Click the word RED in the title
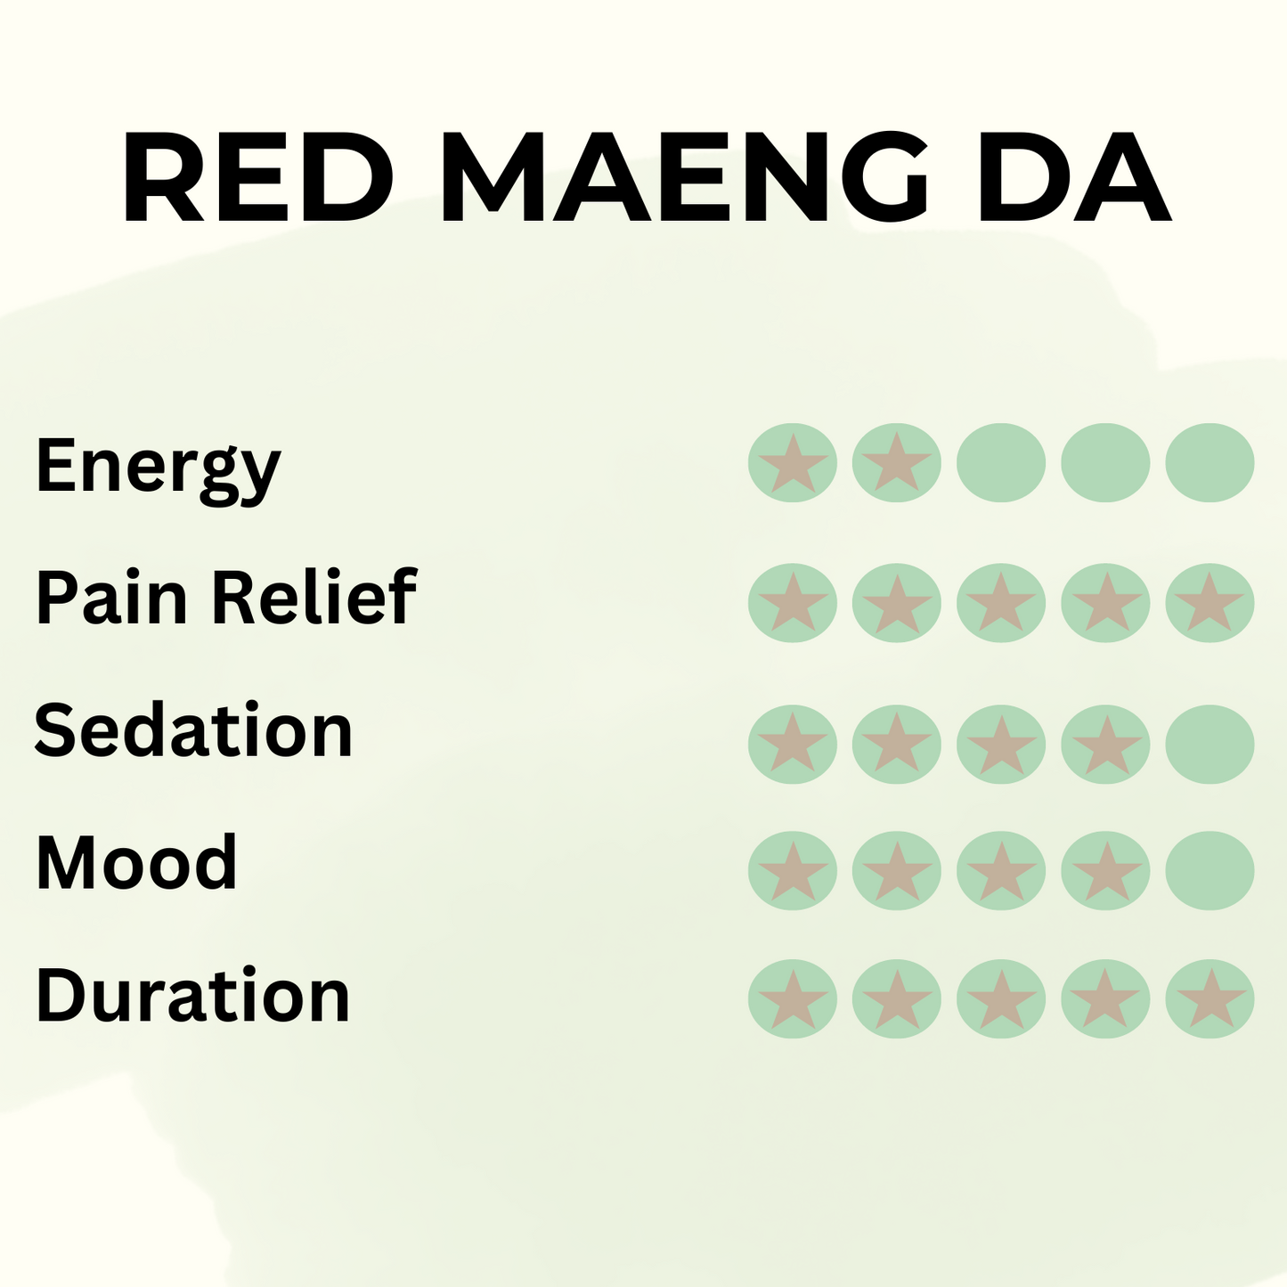pos(258,178)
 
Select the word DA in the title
pos(1073,178)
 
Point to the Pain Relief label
pos(226,597)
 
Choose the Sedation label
pos(193,730)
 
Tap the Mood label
pos(136,862)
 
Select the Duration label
pos(192,996)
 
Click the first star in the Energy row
pos(793,463)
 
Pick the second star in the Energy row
pos(897,463)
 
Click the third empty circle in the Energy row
pos(1001,463)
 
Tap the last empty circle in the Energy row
pos(1210,463)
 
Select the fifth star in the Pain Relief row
pos(1210,603)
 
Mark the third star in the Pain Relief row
pos(1001,603)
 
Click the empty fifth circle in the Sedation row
pos(1210,745)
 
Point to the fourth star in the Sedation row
pos(1105,745)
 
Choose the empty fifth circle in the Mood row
pos(1210,870)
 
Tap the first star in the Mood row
pos(793,870)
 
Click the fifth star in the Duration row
pos(1210,999)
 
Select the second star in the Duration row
pos(897,999)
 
